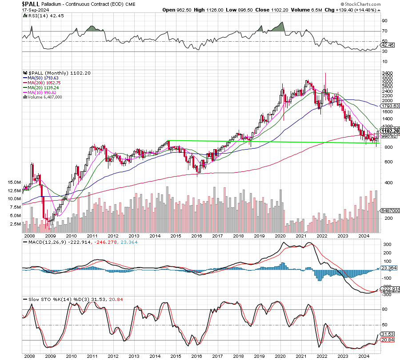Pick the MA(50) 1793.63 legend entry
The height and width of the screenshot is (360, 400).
(41, 77)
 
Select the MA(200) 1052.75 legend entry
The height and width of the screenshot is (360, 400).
(43, 82)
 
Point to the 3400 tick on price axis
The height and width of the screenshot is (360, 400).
(387, 73)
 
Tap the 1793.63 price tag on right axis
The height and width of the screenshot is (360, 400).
(391, 106)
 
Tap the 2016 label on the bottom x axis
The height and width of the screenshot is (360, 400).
(197, 356)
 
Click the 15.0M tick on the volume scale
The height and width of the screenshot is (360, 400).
(14, 182)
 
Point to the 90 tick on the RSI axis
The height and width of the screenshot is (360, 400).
(384, 20)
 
